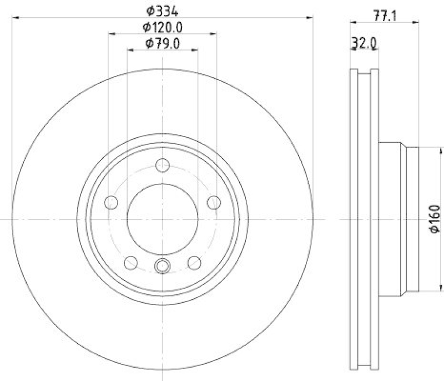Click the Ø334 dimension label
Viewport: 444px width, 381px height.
click(163, 9)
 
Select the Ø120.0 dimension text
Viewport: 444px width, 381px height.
click(163, 26)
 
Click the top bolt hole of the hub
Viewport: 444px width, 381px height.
click(163, 166)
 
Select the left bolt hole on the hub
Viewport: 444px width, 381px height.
click(111, 202)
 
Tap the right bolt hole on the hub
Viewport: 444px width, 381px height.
click(214, 202)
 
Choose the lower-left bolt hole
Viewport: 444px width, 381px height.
click(131, 262)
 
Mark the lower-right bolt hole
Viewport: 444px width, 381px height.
click(194, 262)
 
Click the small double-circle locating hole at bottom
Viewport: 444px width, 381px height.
click(163, 267)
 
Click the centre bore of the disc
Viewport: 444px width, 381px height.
click(163, 219)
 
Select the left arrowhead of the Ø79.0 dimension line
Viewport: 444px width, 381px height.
click(131, 51)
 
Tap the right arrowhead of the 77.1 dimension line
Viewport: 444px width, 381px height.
click(415, 23)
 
